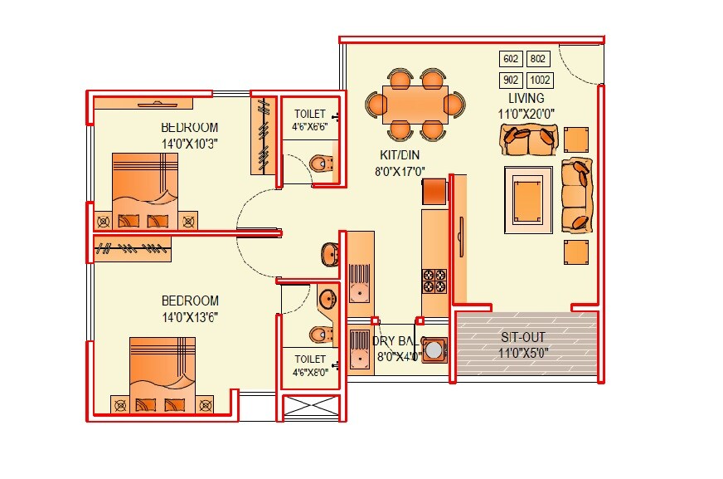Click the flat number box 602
click(511, 59)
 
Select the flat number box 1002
click(539, 81)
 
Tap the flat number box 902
click(511, 81)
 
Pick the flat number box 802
click(539, 59)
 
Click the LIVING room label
click(526, 99)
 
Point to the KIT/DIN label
click(399, 156)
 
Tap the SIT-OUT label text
click(526, 338)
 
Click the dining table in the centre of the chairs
click(415, 105)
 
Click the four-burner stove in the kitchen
click(434, 281)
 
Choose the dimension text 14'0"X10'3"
click(190, 143)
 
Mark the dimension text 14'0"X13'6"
click(190, 316)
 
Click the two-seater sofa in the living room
click(527, 140)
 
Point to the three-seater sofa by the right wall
click(577, 195)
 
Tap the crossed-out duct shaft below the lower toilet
click(311, 407)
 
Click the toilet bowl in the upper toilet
click(319, 164)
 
